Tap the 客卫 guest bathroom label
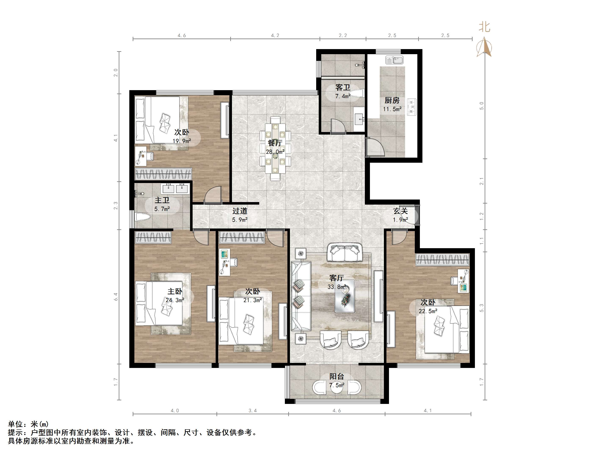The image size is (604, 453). pyautogui.click(x=343, y=87)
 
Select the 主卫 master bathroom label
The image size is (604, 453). pyautogui.click(x=162, y=200)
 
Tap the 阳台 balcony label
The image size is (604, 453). pyautogui.click(x=336, y=376)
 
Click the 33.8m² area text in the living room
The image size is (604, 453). pyautogui.click(x=337, y=287)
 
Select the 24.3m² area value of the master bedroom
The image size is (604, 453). pyautogui.click(x=175, y=300)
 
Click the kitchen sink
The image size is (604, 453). pyautogui.click(x=394, y=60)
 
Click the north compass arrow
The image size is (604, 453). pyautogui.click(x=484, y=47)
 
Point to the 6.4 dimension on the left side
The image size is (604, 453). pyautogui.click(x=116, y=297)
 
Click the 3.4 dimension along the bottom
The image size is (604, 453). pyautogui.click(x=252, y=410)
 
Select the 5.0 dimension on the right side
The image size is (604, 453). pyautogui.click(x=482, y=106)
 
